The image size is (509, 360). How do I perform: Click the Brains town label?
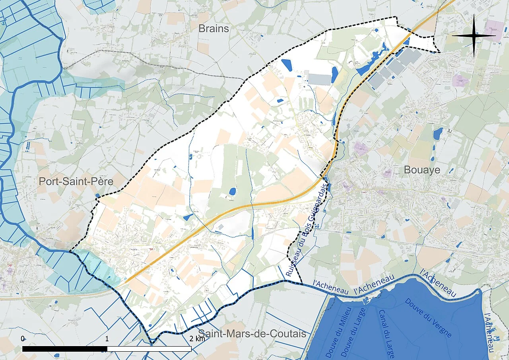click(214, 29)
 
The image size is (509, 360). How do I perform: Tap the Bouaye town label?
click(422, 170)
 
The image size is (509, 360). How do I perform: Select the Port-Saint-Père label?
click(76, 182)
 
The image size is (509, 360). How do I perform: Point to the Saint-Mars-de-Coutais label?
click(252, 333)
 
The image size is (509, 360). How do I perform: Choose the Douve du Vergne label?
click(428, 317)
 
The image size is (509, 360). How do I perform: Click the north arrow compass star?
click(474, 35)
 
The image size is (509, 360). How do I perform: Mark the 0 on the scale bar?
click(23, 339)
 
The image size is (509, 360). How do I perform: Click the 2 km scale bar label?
click(197, 339)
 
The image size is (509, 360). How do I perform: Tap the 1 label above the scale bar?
click(107, 339)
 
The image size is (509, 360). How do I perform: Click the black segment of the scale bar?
click(65, 348)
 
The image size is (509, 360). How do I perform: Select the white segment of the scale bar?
click(150, 348)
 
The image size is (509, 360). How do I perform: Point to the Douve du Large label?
click(354, 333)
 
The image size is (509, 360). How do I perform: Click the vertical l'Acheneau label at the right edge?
click(489, 332)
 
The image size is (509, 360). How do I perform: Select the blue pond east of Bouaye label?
click(438, 133)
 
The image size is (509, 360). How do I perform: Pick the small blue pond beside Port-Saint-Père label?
click(98, 195)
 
